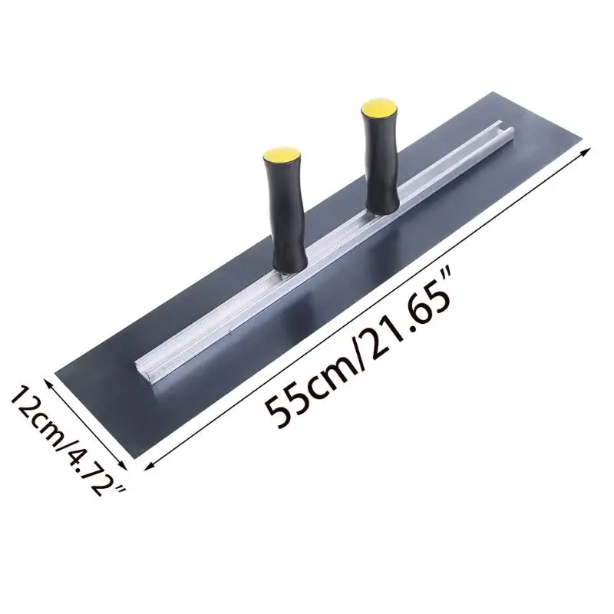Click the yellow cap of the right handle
coord(379,107)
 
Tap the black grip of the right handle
coord(381,164)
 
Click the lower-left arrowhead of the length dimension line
coord(150,465)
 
